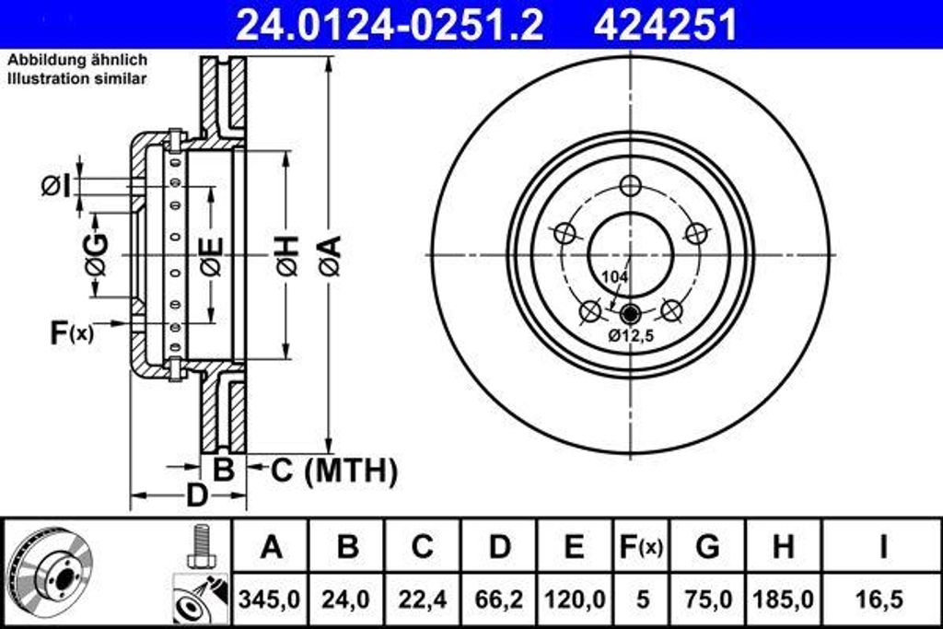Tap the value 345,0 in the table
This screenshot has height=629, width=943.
tap(271, 599)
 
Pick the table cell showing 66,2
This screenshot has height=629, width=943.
tap(499, 599)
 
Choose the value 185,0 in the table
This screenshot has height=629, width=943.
tap(783, 599)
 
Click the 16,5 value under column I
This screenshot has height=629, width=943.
tap(881, 599)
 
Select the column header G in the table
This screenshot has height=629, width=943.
tap(707, 547)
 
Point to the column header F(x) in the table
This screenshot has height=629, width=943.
tap(639, 547)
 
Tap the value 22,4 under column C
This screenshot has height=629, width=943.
tap(422, 599)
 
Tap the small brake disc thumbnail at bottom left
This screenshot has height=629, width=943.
tap(44, 570)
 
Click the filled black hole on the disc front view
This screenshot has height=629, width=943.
tap(630, 312)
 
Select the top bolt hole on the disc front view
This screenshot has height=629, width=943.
tap(630, 185)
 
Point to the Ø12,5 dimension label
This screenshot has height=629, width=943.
tap(630, 336)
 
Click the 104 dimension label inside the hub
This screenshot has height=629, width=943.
tap(613, 276)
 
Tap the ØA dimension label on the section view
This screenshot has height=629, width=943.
tap(330, 255)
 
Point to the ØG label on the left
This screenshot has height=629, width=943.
tap(96, 255)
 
